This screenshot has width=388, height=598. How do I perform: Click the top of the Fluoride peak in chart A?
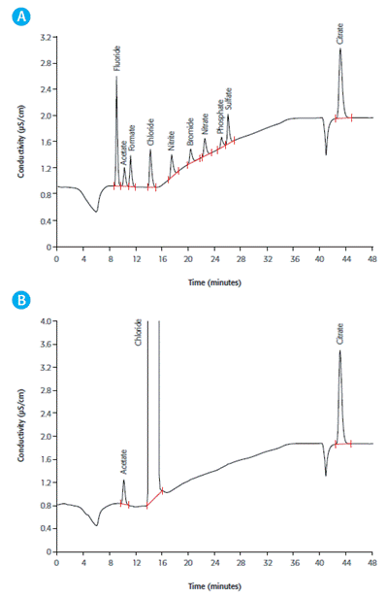116,78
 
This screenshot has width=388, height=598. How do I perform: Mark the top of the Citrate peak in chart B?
340,350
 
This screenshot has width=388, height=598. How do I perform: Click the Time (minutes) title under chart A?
215,282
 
